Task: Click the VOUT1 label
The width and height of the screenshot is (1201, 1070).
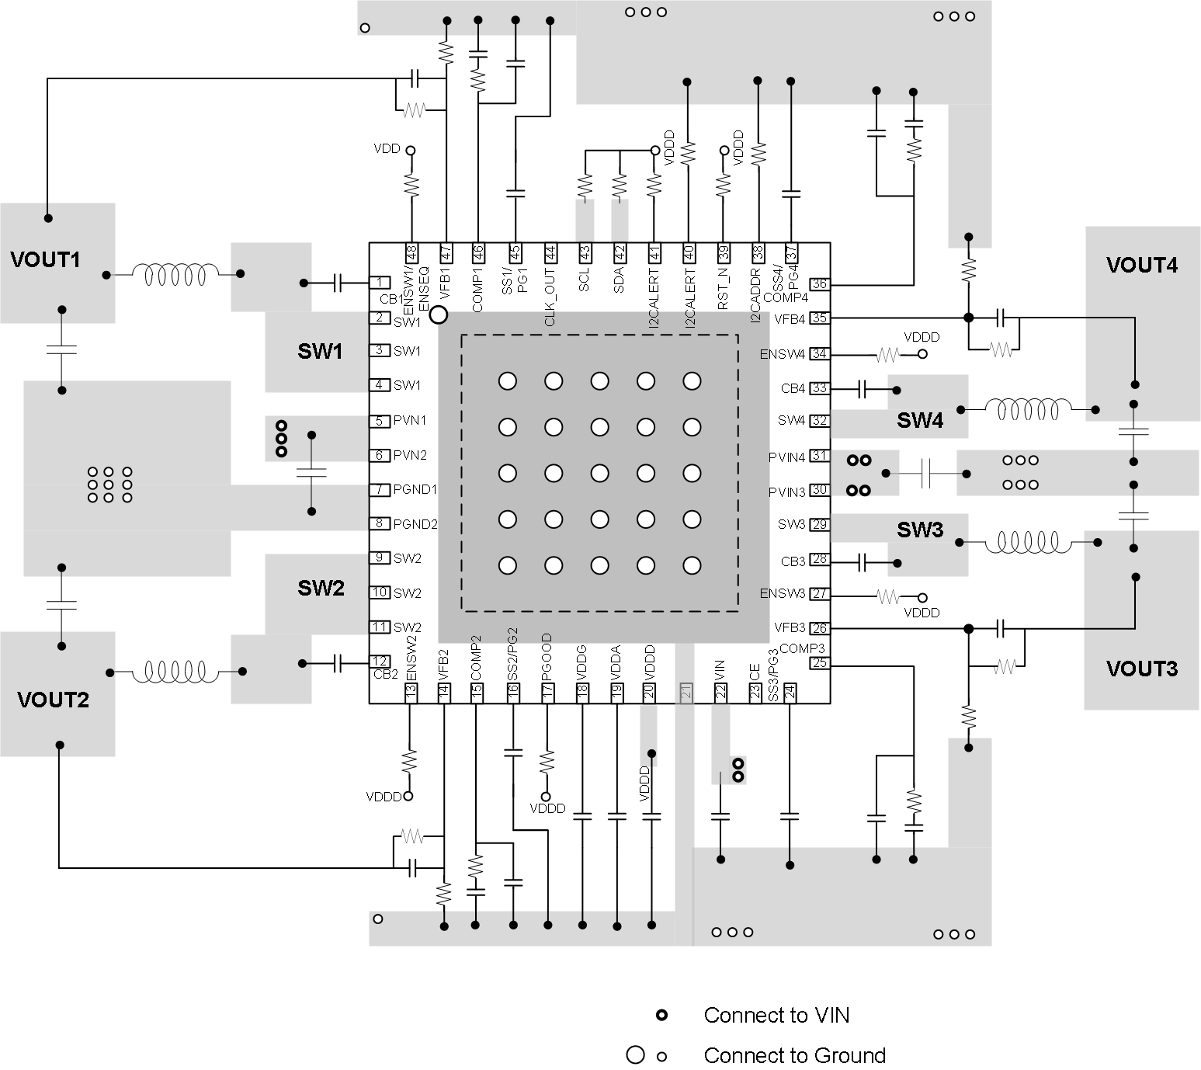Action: click(x=45, y=259)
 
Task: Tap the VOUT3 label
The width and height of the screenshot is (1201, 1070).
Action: click(x=1141, y=669)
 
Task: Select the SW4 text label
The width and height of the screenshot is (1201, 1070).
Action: click(x=920, y=421)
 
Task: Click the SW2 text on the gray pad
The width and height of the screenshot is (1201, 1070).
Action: click(x=321, y=588)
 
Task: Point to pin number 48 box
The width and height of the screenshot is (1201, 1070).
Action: click(x=411, y=252)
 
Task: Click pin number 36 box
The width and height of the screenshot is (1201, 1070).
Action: click(x=819, y=284)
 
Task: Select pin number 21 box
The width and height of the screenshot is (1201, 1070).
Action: click(x=686, y=692)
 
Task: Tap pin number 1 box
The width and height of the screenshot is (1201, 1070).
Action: click(x=380, y=283)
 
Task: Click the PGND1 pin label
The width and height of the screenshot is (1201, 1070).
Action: click(x=415, y=489)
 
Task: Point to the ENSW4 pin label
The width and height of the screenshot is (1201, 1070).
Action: click(x=782, y=354)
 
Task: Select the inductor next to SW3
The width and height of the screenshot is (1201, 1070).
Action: click(x=1029, y=542)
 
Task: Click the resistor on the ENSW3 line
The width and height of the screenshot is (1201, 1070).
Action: click(x=887, y=597)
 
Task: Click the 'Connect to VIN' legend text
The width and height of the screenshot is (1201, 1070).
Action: click(x=776, y=1015)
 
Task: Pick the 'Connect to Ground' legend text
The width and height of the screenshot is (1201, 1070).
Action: click(x=794, y=1055)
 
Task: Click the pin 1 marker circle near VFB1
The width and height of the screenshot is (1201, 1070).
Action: click(x=439, y=314)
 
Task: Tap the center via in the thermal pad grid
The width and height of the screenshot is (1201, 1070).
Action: click(x=599, y=473)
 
